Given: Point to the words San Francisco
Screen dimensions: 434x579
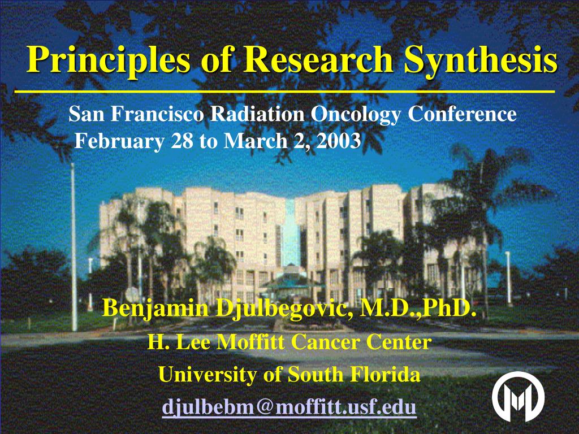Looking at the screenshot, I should point(136,114).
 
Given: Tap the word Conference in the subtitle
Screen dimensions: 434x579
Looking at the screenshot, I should point(463,114).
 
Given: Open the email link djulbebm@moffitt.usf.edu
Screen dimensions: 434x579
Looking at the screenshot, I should point(289,407).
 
